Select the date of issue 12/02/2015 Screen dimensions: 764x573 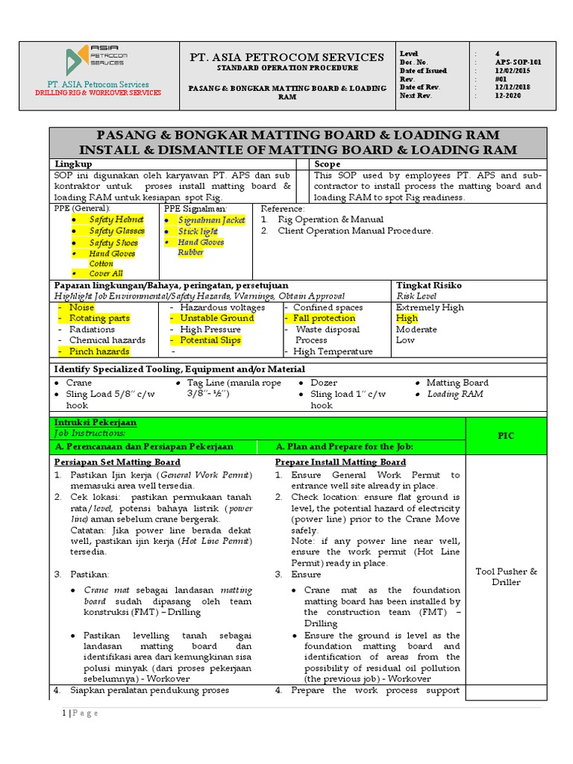pos(515,70)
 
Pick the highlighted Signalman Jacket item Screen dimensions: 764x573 pos(211,220)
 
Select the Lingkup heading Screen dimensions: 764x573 pos(74,163)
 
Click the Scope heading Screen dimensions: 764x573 pos(328,163)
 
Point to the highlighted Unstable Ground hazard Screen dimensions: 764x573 pos(216,318)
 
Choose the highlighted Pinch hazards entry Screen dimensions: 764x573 pos(98,351)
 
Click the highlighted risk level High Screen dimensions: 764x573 pos(407,318)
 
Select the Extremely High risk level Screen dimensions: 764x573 pos(429,307)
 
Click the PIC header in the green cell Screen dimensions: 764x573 pos(506,436)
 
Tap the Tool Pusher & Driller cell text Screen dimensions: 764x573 pos(506,577)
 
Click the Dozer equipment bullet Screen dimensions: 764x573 pos(324,383)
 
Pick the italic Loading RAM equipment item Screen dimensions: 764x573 pos(454,394)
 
